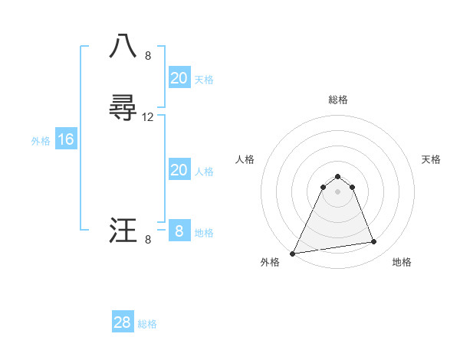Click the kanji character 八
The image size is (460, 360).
pos(123,45)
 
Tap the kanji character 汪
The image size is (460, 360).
pos(123,230)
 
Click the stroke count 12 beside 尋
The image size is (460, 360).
pos(148,117)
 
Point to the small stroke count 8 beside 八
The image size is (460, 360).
pos(148,56)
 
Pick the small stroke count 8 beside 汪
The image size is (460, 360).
pos(148,240)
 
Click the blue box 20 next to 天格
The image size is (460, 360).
pos(179,77)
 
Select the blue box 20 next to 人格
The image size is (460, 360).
pos(179,170)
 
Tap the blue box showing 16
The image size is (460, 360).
pos(66,139)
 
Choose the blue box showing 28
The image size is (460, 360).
pos(123,322)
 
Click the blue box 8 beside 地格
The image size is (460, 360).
pos(179,231)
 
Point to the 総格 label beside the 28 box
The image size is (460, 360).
pos(148,324)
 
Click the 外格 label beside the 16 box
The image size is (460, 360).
pos(41,141)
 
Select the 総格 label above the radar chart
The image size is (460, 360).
pos(338,100)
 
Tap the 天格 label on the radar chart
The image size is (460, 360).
pos(432,159)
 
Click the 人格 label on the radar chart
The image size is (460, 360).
pos(245,159)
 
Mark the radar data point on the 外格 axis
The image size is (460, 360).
pos(293,253)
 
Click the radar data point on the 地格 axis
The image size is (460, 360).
pos(374,242)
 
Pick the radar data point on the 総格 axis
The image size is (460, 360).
pos(338,175)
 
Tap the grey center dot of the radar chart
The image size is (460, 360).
pos(338,191)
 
